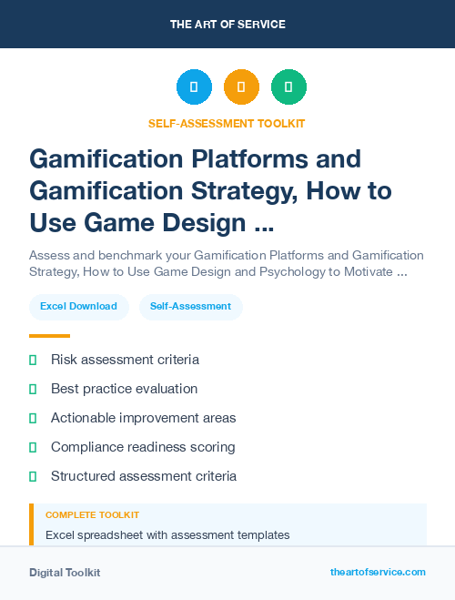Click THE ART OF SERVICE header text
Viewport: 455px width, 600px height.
click(227, 25)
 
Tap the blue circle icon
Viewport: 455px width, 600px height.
click(194, 87)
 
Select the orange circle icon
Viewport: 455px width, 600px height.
click(241, 87)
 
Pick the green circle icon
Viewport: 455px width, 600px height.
click(288, 87)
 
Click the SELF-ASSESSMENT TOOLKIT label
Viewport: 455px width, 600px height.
click(227, 123)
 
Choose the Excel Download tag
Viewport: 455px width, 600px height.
click(78, 307)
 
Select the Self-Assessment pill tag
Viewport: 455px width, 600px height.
click(191, 307)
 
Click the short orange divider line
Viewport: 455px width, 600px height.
click(49, 336)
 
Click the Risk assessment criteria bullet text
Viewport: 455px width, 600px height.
click(125, 360)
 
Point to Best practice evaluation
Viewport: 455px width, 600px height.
click(124, 389)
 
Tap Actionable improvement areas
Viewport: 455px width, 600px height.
click(143, 418)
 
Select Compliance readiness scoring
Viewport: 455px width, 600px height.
click(143, 447)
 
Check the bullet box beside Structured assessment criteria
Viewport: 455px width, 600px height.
click(33, 476)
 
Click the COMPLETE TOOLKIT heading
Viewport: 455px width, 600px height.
click(92, 515)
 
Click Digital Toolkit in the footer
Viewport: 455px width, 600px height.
click(65, 573)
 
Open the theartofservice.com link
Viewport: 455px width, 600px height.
click(378, 572)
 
